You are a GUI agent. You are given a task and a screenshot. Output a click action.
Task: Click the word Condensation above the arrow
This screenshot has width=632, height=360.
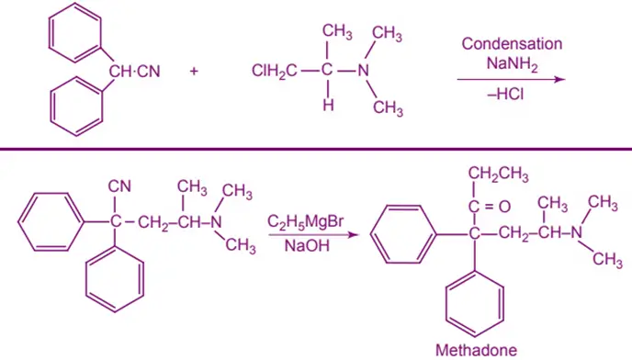pos(512,44)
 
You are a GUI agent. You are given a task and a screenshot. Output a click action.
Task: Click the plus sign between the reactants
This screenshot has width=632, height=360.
pos(194,73)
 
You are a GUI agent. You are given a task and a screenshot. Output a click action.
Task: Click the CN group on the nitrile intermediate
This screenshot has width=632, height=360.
pos(119,186)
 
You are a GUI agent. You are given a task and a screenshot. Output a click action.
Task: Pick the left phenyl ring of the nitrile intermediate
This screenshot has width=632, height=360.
pos(47,221)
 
